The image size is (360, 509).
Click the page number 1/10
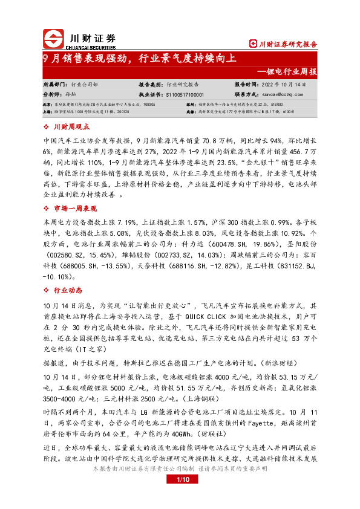pyautogui.click(x=180, y=497)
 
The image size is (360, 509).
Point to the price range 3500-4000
pyautogui.click(x=62, y=400)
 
